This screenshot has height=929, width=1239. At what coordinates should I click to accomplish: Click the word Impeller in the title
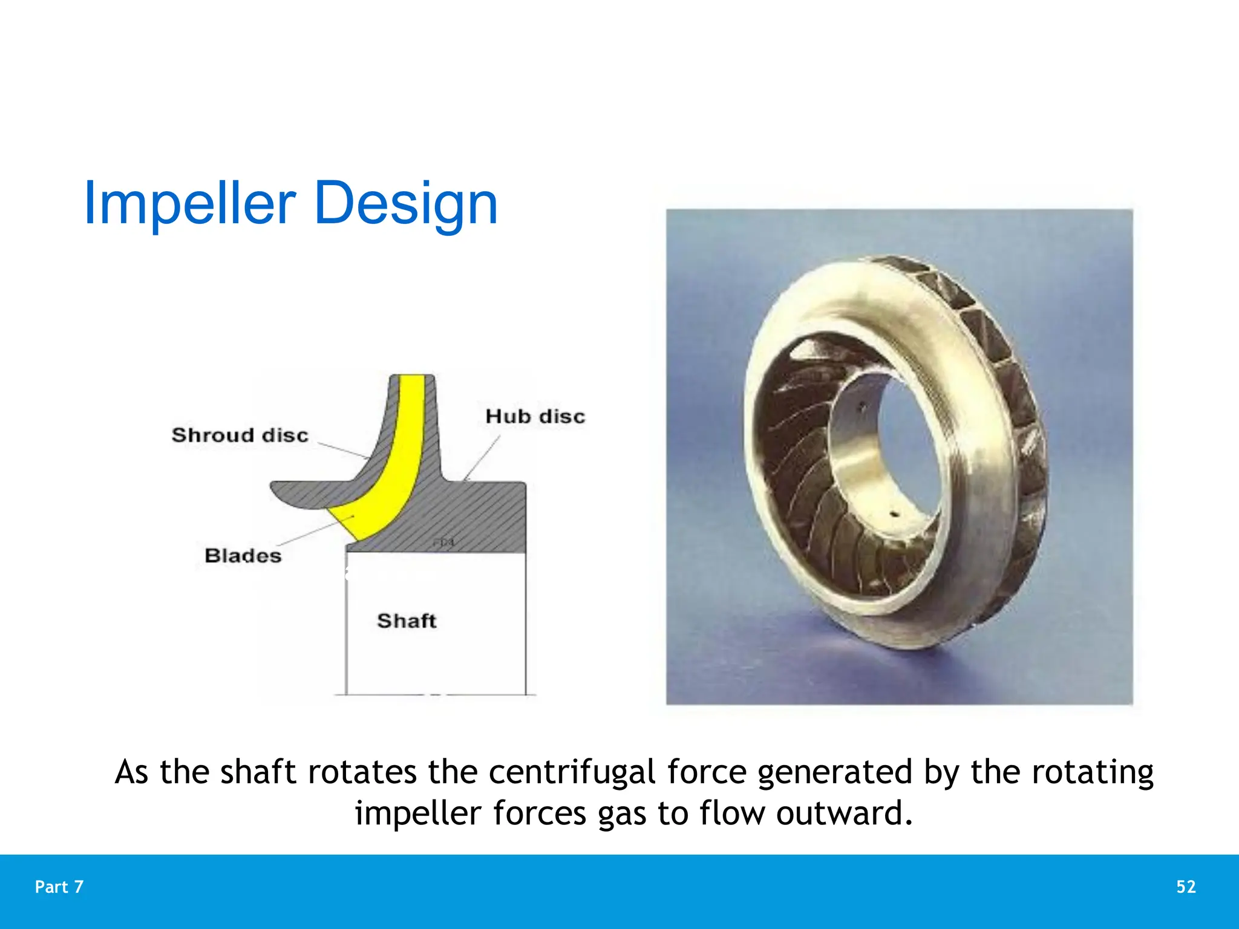pyautogui.click(x=189, y=203)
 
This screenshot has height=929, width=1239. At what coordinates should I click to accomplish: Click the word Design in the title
pyautogui.click(x=406, y=203)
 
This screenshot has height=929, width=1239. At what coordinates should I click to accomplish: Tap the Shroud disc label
pyautogui.click(x=240, y=435)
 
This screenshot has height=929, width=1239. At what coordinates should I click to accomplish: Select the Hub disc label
pyautogui.click(x=535, y=417)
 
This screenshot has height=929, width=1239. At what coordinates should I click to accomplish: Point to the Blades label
pyautogui.click(x=243, y=556)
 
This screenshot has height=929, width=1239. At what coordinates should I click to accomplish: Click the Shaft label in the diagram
pyautogui.click(x=407, y=621)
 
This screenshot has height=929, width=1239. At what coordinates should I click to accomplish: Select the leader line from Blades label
pyautogui.click(x=315, y=532)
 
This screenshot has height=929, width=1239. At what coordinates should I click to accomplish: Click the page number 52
pyautogui.click(x=1186, y=887)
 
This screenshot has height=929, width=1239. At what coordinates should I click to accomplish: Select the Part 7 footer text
pyautogui.click(x=59, y=887)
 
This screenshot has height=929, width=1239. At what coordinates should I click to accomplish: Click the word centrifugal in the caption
pyautogui.click(x=572, y=773)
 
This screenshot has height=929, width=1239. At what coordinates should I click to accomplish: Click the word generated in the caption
pyautogui.click(x=835, y=773)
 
